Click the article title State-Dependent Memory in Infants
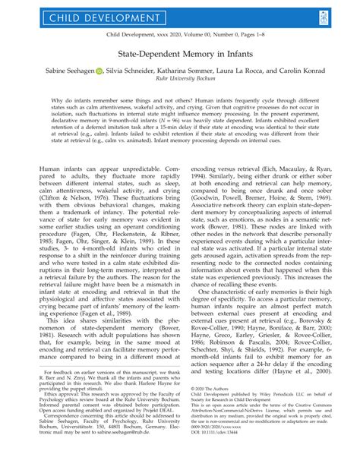click(179, 55)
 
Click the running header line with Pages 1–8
click(179, 36)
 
